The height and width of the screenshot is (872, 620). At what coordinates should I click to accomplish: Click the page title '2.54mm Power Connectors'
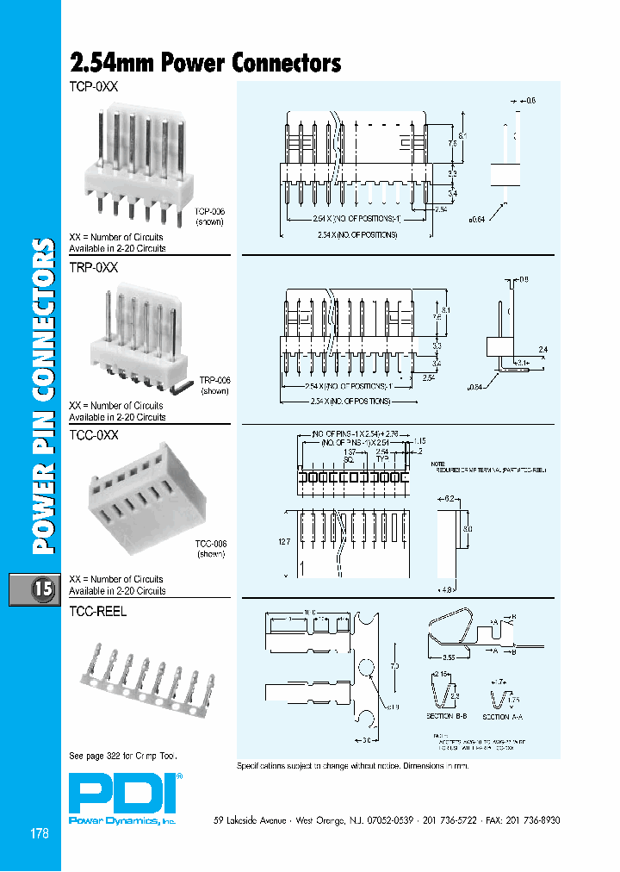205,64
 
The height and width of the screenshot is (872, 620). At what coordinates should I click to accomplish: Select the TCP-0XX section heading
93,87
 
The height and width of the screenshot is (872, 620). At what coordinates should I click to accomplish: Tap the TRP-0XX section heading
93,268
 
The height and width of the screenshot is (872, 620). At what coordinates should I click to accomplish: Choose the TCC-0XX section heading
94,436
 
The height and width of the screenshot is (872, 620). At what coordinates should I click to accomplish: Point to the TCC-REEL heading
97,611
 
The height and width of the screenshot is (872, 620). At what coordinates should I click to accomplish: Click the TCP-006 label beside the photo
209,211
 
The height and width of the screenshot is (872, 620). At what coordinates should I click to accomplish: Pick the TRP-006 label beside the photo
215,380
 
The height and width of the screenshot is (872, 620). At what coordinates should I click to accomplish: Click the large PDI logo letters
121,794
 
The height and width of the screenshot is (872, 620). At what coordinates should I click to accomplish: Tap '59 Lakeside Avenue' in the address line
250,820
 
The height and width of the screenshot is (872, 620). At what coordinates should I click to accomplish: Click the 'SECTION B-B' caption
445,717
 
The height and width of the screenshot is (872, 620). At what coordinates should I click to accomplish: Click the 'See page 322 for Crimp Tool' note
123,756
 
